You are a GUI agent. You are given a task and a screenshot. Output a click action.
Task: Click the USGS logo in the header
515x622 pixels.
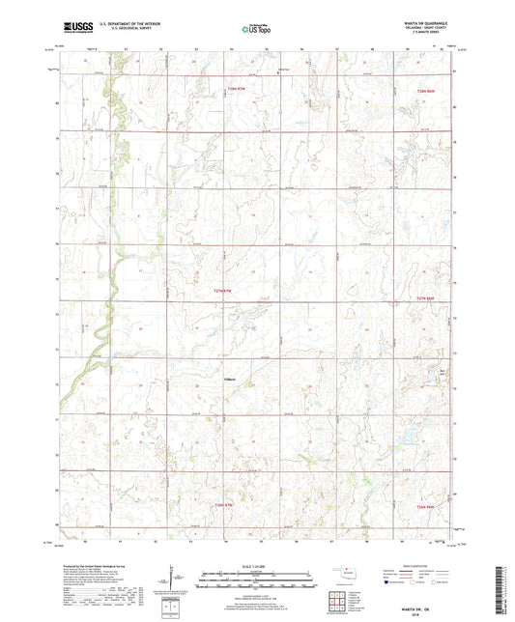(74, 27)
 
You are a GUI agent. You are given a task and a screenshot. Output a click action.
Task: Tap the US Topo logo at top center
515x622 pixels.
(255, 29)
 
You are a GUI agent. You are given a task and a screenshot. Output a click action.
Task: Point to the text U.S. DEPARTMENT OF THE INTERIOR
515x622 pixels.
(129, 23)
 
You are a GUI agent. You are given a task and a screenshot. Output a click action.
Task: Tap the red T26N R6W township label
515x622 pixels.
(428, 508)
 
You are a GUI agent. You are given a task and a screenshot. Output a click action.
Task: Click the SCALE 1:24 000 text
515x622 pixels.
(257, 565)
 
